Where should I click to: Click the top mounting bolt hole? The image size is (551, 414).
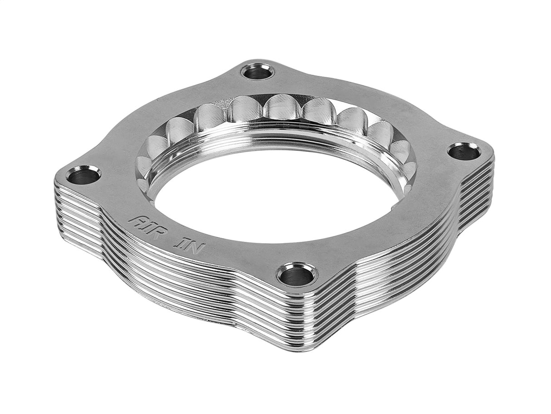pyautogui.click(x=257, y=71)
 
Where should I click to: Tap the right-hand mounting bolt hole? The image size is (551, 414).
pyautogui.click(x=464, y=151)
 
